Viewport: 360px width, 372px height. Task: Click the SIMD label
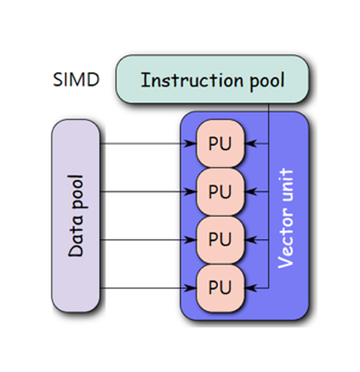[76, 79]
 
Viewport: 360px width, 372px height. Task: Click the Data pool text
[76, 216]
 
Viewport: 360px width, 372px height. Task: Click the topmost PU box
[220, 144]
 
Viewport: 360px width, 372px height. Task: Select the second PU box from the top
[220, 191]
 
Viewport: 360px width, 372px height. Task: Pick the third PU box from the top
[220, 239]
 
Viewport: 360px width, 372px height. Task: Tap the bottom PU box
[220, 287]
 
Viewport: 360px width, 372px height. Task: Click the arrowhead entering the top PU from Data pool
[191, 144]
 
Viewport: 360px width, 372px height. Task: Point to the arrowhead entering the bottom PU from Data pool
[191, 287]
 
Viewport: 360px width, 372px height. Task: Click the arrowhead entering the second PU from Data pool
[191, 191]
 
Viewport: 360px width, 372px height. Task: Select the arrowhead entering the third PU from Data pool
[191, 239]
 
